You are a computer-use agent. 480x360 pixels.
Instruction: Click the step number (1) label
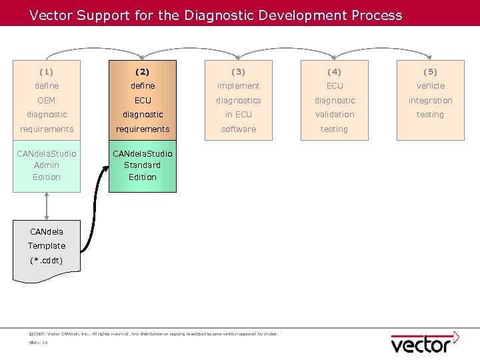47,71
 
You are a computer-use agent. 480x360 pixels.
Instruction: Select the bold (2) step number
143,71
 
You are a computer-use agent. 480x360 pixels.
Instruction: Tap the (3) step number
239,71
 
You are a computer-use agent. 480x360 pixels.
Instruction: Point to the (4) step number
335,71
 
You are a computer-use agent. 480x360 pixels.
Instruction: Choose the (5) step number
430,71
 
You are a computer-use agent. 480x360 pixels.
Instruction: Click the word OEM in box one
47,100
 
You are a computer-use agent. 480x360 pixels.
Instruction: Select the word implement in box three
239,86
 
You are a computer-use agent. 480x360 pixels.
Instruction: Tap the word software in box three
239,129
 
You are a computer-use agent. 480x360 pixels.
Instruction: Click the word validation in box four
335,115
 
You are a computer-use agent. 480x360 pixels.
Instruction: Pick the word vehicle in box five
430,86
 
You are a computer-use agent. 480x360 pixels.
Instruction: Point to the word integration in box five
430,100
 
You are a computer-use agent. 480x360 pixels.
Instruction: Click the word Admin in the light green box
47,165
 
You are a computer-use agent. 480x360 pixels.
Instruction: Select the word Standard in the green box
143,165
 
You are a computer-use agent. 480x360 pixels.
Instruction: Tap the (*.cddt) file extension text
47,260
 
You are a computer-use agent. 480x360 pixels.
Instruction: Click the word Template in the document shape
47,246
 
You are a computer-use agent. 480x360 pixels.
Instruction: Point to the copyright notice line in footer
153,333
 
